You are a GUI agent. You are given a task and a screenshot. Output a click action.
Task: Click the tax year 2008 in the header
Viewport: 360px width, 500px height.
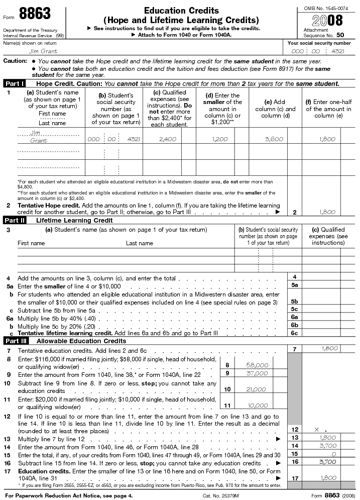(327, 21)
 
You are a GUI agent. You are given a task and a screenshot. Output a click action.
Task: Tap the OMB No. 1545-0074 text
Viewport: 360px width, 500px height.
(326, 8)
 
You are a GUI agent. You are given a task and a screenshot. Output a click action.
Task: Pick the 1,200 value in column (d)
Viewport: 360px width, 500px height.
(220, 139)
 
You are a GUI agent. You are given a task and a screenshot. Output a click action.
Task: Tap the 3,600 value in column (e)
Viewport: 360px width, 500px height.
(274, 139)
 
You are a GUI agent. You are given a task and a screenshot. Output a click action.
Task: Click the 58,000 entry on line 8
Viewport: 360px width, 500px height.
(258, 365)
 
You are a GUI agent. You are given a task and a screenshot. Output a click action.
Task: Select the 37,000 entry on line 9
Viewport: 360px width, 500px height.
(258, 373)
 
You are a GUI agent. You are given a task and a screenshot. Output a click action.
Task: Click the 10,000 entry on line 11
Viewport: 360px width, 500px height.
(258, 406)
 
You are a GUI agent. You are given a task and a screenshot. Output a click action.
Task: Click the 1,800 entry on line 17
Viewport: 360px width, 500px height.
(327, 478)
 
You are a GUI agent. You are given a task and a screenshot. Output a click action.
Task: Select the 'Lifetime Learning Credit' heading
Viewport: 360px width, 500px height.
(74, 220)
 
